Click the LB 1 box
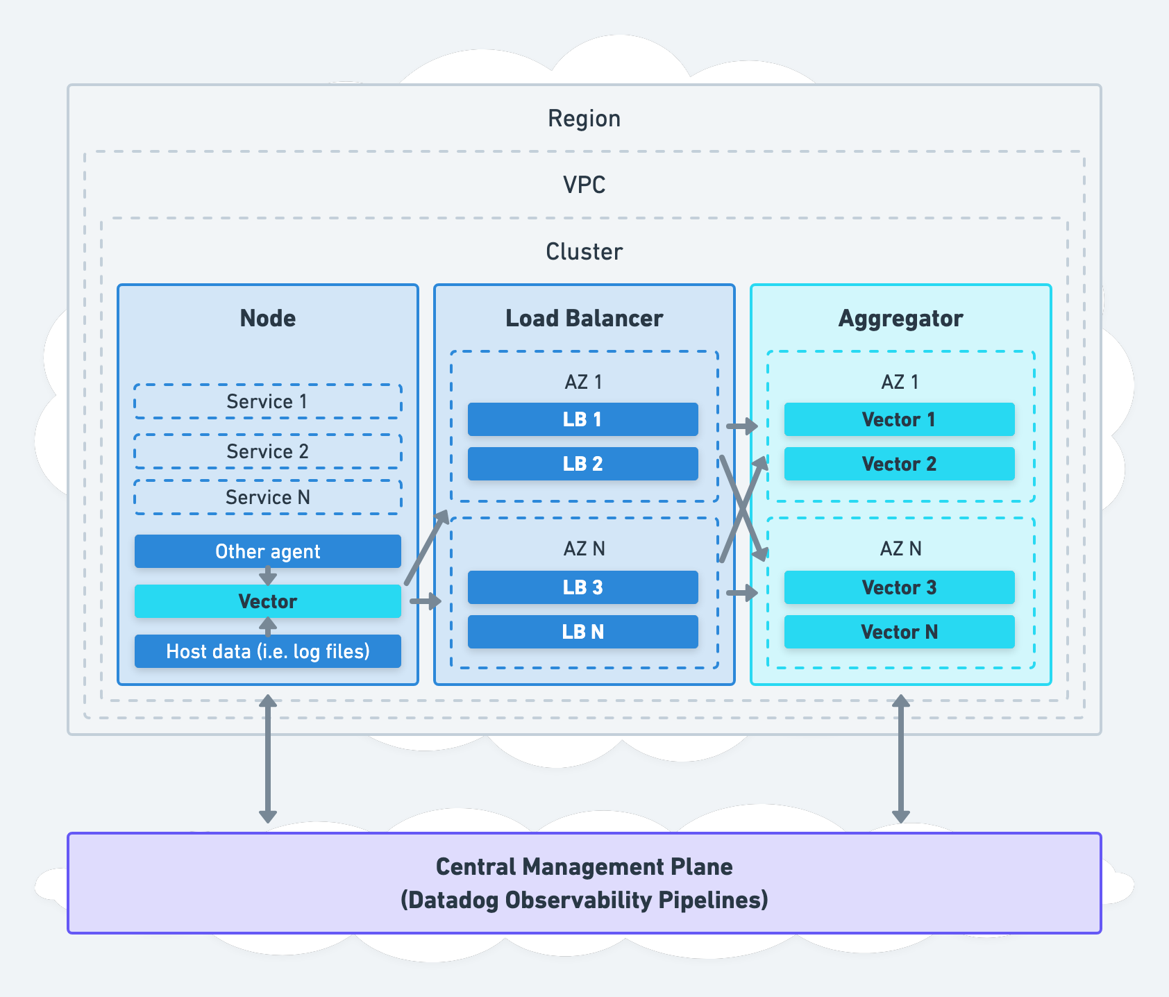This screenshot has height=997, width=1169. [582, 419]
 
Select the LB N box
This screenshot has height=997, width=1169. [582, 632]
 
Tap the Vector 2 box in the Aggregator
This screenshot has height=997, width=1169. [899, 464]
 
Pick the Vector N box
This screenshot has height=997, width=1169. [899, 632]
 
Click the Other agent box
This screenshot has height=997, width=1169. [267, 551]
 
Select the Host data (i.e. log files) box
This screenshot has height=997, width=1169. [267, 651]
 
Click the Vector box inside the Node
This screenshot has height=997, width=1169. [267, 601]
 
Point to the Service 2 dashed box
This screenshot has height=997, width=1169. [267, 451]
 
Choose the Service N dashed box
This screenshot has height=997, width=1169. [267, 497]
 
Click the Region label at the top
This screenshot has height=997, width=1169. [584, 119]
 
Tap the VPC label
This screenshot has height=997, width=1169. [584, 185]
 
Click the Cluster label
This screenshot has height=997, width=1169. [584, 251]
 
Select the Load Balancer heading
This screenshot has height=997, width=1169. [584, 318]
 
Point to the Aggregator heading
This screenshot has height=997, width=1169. [900, 318]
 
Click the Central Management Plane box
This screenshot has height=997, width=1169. [584, 883]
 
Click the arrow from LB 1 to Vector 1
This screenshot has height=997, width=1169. [742, 426]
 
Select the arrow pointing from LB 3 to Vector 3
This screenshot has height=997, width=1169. [742, 593]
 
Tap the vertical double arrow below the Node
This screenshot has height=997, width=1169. [268, 759]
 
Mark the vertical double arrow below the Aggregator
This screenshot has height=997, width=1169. [900, 759]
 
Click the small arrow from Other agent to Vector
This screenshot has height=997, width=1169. [268, 576]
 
